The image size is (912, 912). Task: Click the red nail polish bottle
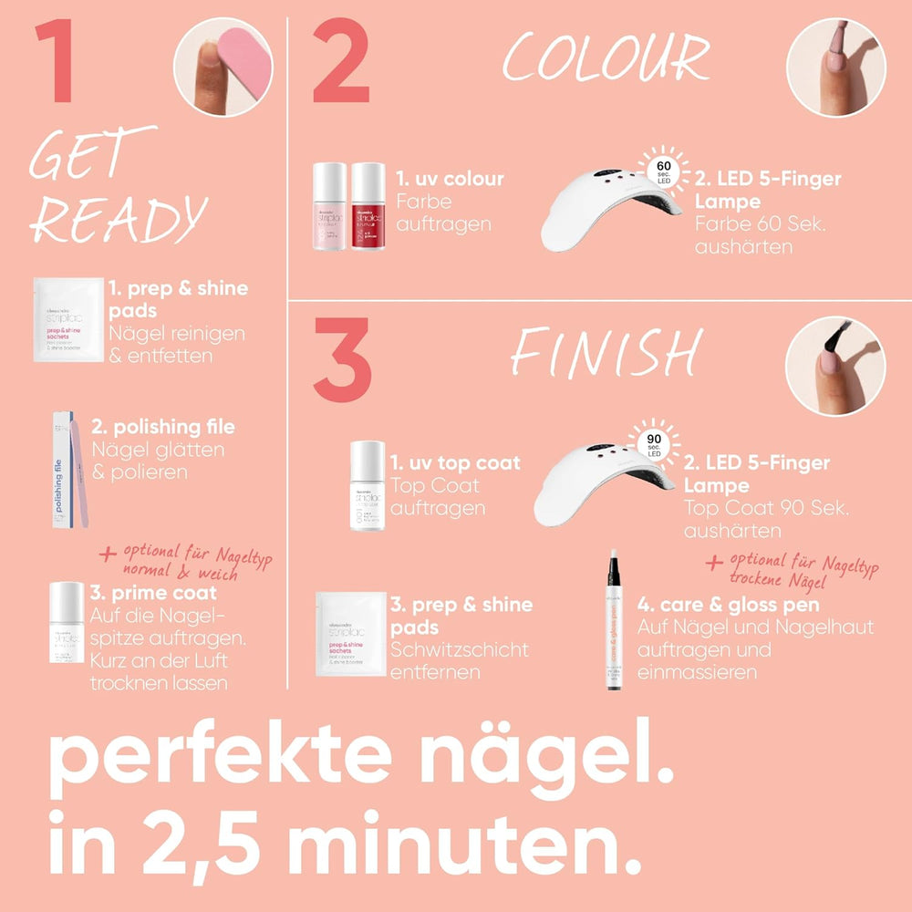pos(368,207)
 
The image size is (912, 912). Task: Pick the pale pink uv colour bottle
pos(329,207)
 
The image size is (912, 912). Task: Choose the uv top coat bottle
pos(368,486)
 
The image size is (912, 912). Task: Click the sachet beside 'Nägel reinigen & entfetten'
pos(67,320)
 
